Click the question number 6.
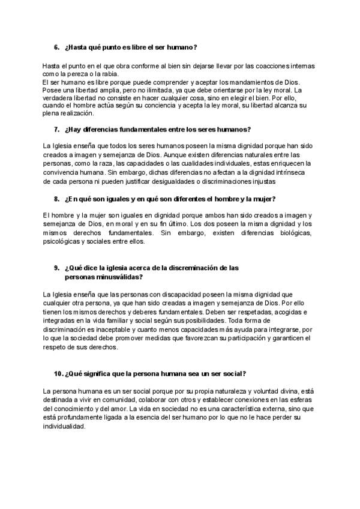click(56, 47)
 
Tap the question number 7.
click(56, 129)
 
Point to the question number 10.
click(58, 373)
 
